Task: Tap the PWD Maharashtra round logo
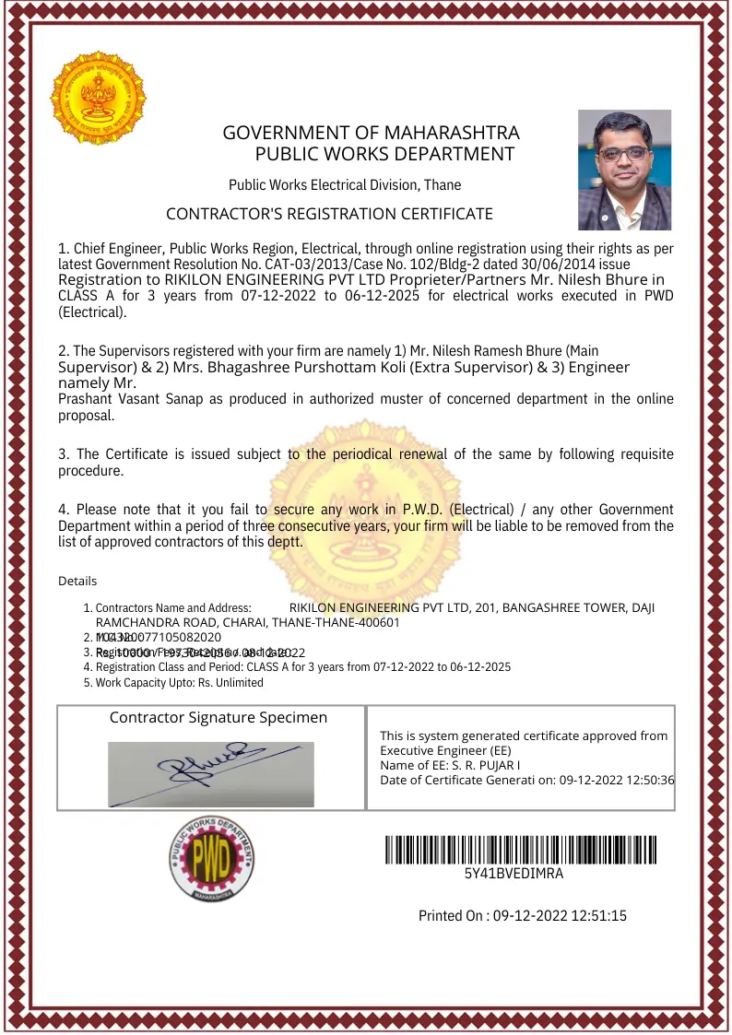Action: pyautogui.click(x=211, y=860)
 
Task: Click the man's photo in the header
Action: pyautogui.click(x=624, y=171)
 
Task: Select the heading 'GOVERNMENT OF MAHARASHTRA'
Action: pyautogui.click(x=371, y=133)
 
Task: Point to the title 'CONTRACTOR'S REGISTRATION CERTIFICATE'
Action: pyautogui.click(x=329, y=214)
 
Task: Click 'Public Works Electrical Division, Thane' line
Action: pyautogui.click(x=345, y=184)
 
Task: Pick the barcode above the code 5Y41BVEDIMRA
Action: pyautogui.click(x=521, y=848)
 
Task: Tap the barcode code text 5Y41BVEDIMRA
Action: pyautogui.click(x=514, y=874)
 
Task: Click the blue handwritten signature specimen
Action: pyautogui.click(x=211, y=763)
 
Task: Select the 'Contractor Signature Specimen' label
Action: pyautogui.click(x=218, y=717)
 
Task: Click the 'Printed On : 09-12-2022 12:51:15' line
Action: pyautogui.click(x=523, y=915)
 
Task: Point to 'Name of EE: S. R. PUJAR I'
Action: pyautogui.click(x=450, y=765)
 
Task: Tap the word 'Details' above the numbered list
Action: pyautogui.click(x=77, y=581)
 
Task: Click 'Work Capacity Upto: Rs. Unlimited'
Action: pyautogui.click(x=179, y=683)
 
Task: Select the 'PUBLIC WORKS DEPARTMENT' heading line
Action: pyautogui.click(x=384, y=154)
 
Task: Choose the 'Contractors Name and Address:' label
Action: pyautogui.click(x=173, y=608)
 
